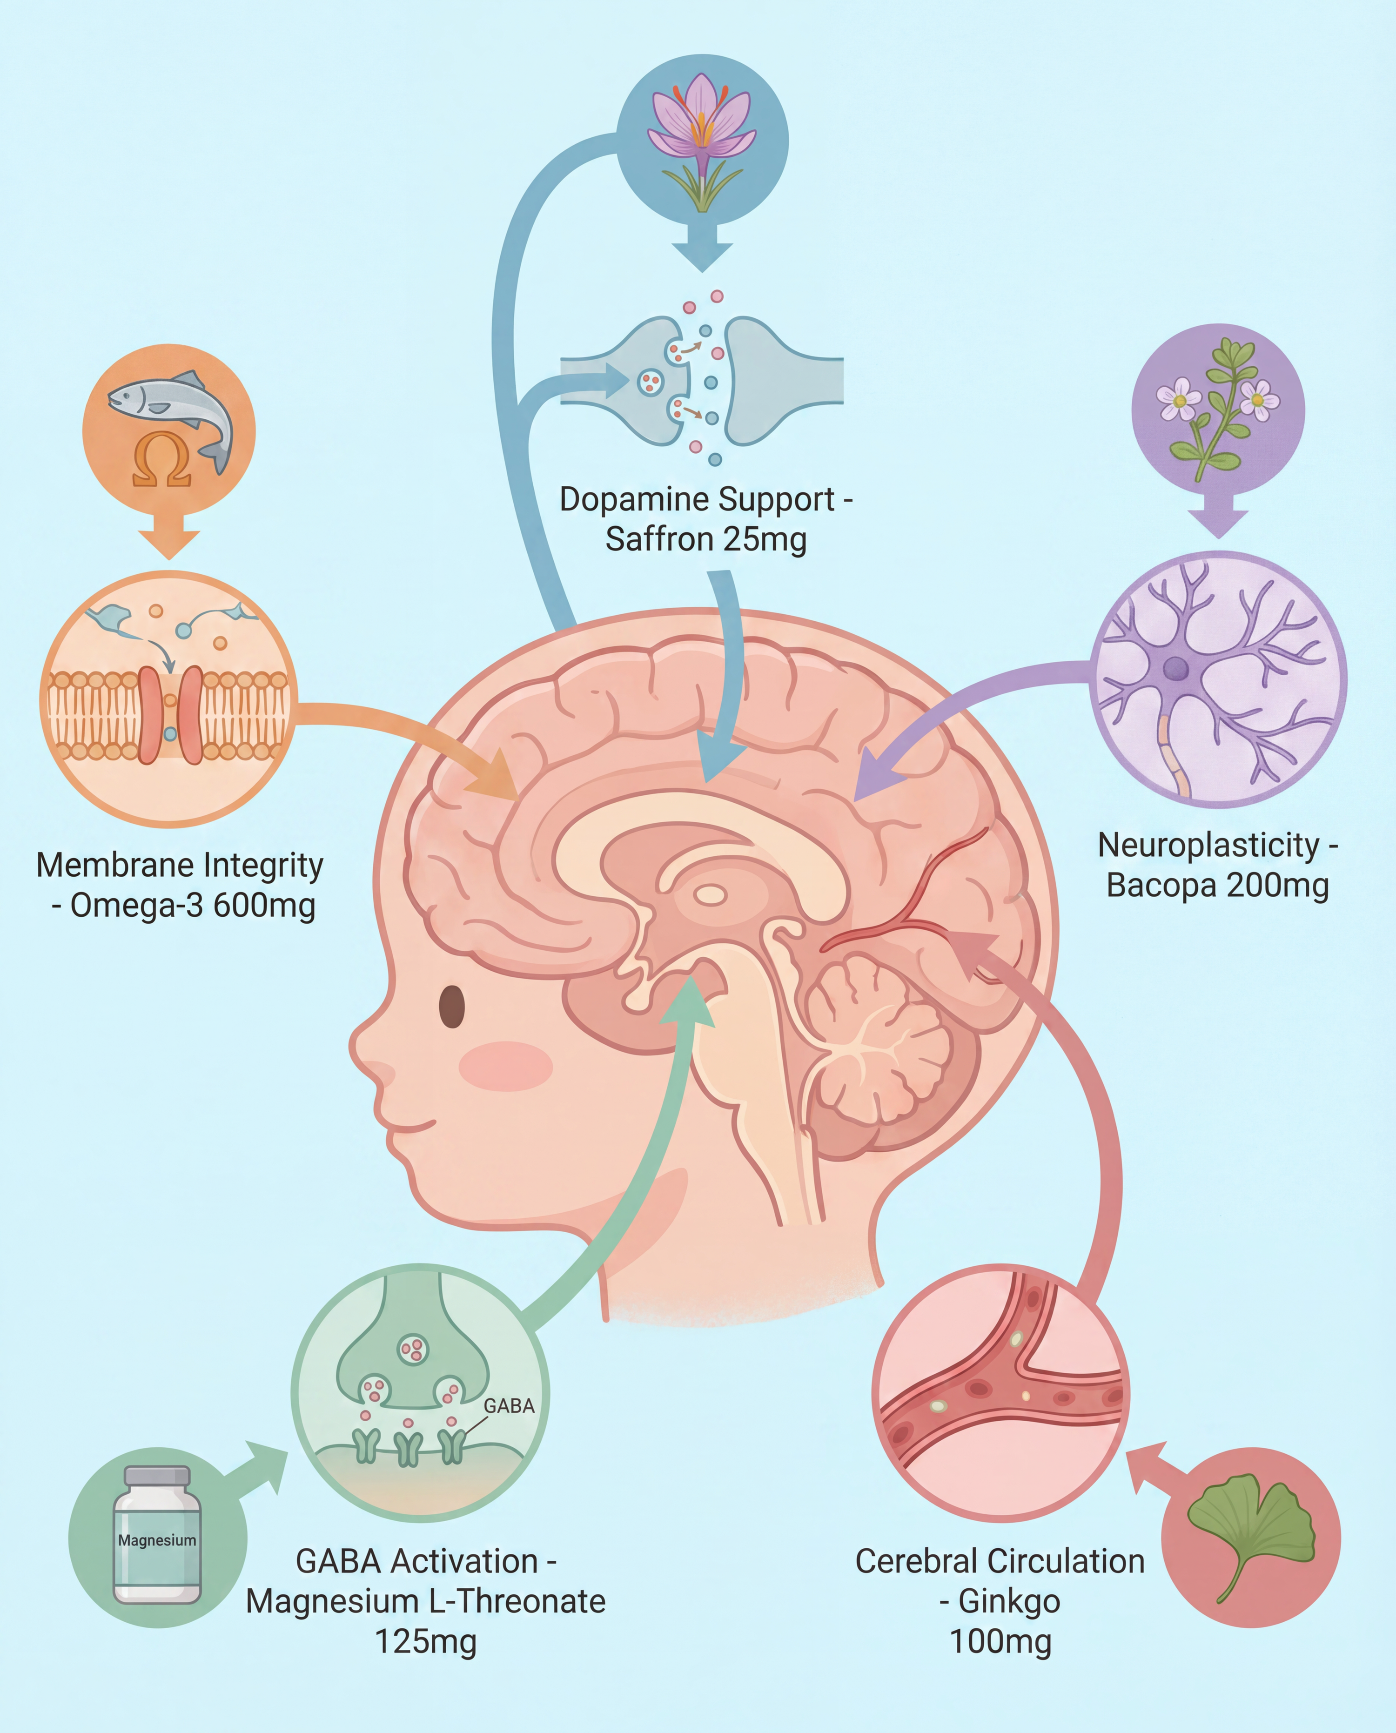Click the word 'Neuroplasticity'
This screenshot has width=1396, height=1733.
pyautogui.click(x=1208, y=845)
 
